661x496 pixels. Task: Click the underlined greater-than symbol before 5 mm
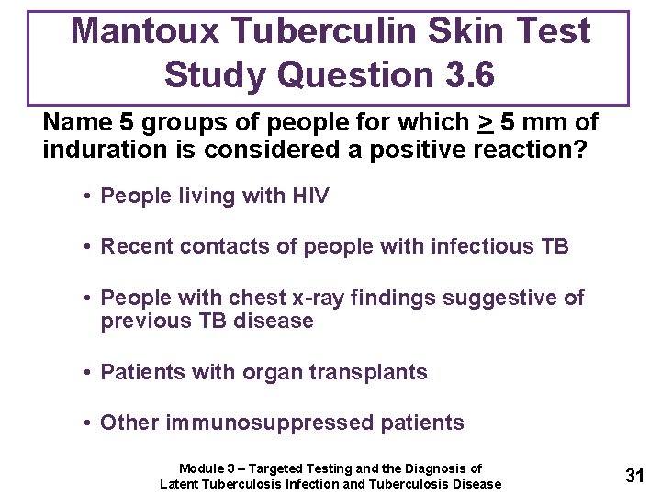point(485,122)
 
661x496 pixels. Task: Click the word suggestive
point(503,298)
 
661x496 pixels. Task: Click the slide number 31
point(633,476)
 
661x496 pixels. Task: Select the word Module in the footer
point(201,468)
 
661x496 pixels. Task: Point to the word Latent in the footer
point(180,484)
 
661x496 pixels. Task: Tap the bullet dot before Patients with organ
point(84,373)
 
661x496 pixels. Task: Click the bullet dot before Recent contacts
point(84,247)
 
